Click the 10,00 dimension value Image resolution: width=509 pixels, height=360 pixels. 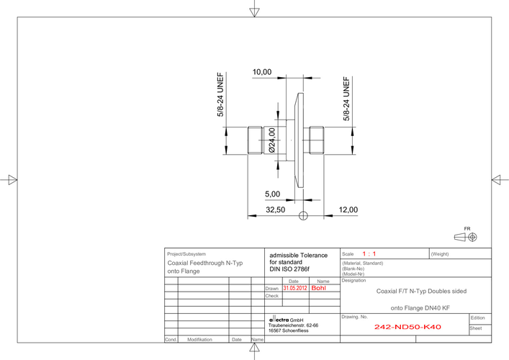coord(262,72)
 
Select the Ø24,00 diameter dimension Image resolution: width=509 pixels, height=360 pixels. coord(271,140)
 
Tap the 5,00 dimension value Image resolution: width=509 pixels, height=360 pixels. coord(272,194)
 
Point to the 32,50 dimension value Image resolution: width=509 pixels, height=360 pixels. coord(275,210)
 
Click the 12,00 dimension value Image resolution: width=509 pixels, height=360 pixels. coord(348,210)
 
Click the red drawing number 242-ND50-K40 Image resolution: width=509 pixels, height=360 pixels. coord(407,327)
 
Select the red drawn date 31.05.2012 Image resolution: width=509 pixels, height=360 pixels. coord(294,288)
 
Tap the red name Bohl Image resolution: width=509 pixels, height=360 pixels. coord(318,288)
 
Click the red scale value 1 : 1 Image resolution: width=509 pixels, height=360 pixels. coord(369,254)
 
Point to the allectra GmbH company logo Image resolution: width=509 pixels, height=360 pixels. coord(279,320)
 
